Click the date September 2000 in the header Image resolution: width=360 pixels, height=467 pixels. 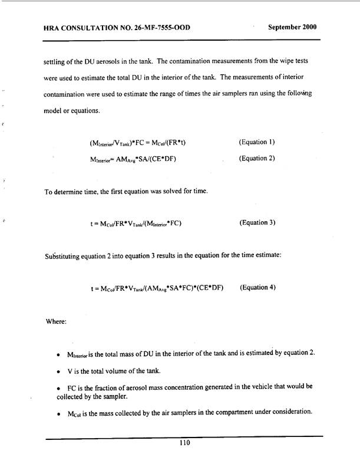pyautogui.click(x=292, y=27)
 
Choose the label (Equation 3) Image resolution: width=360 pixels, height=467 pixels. pyautogui.click(x=258, y=223)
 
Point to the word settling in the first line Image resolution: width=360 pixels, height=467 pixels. pyautogui.click(x=57, y=61)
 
